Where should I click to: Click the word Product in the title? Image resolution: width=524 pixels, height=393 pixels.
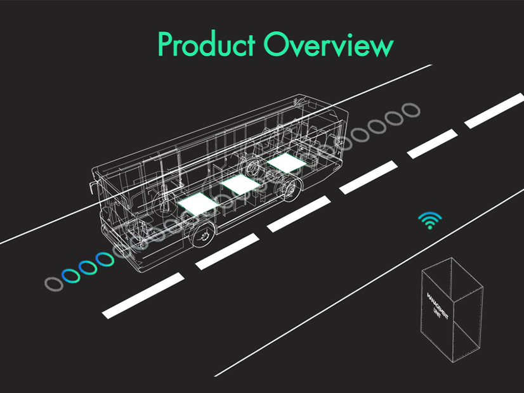tap(207, 46)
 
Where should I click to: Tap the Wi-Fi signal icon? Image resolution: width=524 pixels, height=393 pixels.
tap(430, 219)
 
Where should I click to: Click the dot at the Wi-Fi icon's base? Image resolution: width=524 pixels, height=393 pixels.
tap(430, 226)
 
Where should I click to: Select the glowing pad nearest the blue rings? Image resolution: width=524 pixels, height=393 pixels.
tap(197, 203)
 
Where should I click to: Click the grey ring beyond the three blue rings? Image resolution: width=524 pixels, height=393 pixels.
tap(55, 283)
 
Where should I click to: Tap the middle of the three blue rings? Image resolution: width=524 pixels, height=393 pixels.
tap(88, 267)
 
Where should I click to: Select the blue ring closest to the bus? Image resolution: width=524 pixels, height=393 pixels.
tap(104, 260)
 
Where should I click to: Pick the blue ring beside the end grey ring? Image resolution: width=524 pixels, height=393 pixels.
tap(70, 276)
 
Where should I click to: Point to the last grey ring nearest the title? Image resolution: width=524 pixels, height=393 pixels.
tap(412, 110)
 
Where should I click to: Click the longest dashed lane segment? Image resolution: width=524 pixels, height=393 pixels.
tap(143, 294)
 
